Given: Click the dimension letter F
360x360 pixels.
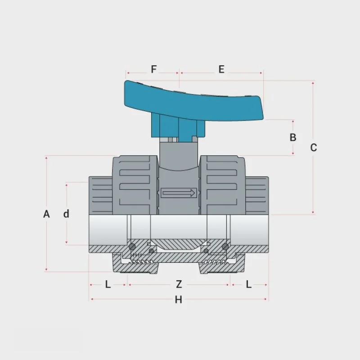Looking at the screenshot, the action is pos(153,69).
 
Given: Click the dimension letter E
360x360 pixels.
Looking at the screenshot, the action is pos(221,69).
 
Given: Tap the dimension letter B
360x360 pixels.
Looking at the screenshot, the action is pos(293,137).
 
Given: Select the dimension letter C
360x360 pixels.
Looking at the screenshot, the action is pos(313,148).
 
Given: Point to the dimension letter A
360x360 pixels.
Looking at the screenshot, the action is pos(46,214).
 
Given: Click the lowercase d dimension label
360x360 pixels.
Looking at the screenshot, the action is pos(66,214).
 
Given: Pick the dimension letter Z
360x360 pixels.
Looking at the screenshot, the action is pos(179,284).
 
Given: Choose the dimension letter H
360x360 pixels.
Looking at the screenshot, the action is pos(178,300).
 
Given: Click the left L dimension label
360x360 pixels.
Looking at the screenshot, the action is pos(108,284).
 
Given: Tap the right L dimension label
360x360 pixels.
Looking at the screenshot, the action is pos(249,284).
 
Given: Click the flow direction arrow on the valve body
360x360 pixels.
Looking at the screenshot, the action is pos(179,193).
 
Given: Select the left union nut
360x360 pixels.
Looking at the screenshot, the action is pos(135,185).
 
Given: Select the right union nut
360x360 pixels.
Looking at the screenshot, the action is pos(222,185).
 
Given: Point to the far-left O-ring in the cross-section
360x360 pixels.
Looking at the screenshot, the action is pos(132,247).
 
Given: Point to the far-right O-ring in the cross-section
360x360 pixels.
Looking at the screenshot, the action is pos(225,247).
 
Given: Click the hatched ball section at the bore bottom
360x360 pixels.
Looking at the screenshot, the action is pos(179,245).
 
